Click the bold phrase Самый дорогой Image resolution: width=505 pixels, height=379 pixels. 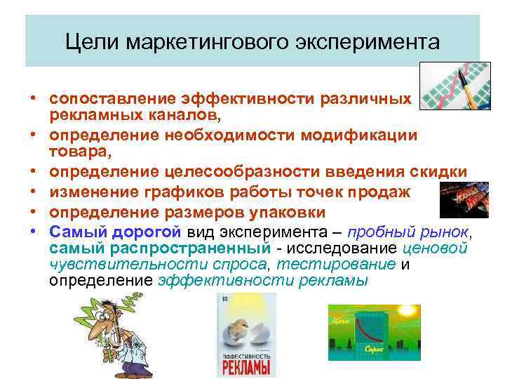[x=116, y=232]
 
